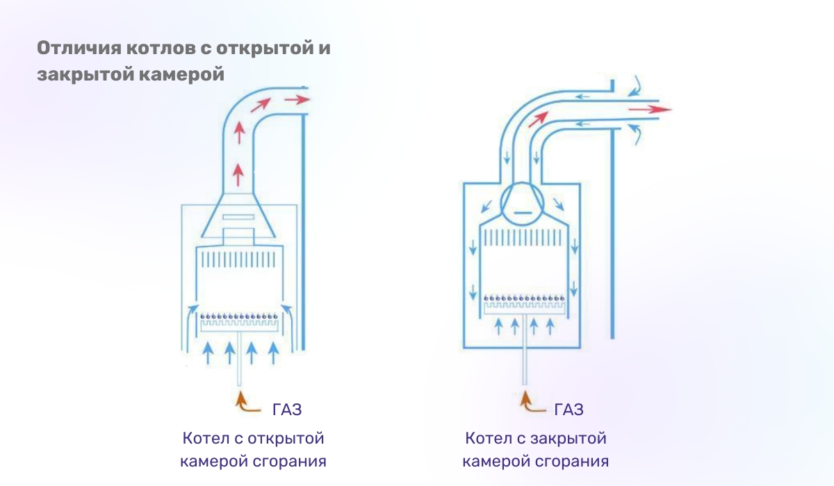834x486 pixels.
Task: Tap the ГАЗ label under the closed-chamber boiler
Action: click(569, 409)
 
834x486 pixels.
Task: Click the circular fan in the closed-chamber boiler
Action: click(521, 203)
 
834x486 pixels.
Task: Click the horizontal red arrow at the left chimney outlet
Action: click(297, 100)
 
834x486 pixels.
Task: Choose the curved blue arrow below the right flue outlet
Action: click(637, 133)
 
